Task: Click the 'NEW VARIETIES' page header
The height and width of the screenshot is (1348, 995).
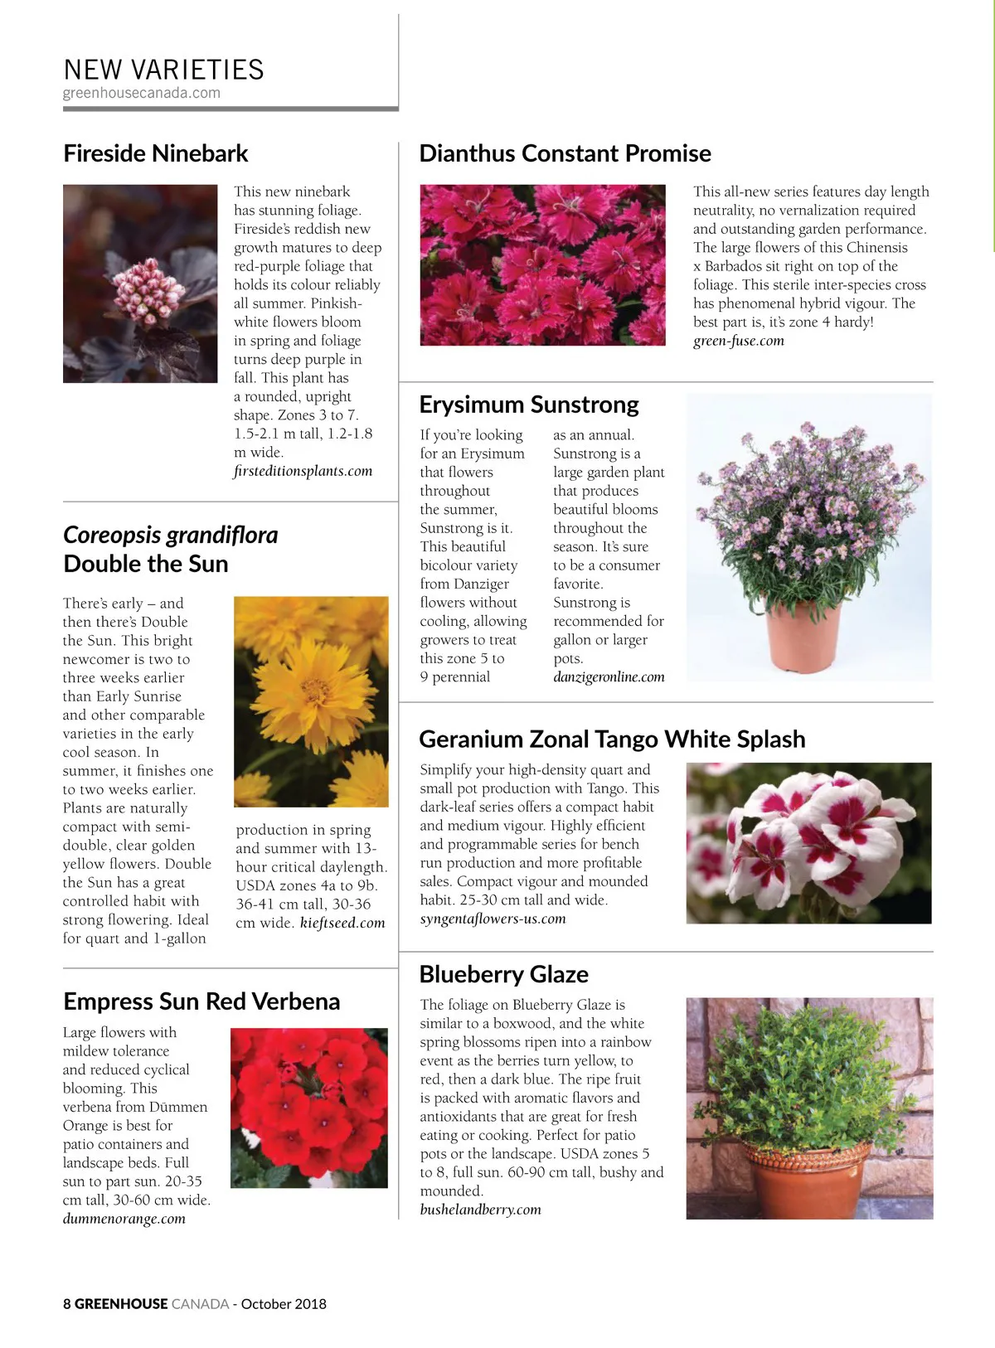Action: click(x=163, y=70)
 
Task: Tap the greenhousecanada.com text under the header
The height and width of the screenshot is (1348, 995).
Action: click(x=142, y=93)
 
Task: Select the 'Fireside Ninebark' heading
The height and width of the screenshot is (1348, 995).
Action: click(x=156, y=153)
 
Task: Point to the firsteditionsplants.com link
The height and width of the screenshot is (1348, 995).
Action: click(x=303, y=471)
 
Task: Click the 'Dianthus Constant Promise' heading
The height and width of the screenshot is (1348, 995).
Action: click(x=565, y=153)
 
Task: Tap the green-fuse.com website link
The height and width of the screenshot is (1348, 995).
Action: click(x=738, y=341)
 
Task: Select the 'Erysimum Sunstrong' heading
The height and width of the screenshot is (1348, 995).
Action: click(x=529, y=405)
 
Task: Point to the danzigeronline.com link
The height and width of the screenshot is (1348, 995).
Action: click(x=609, y=677)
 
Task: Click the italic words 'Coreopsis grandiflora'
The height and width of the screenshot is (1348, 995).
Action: click(x=170, y=535)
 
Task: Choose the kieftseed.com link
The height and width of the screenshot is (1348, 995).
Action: click(x=342, y=923)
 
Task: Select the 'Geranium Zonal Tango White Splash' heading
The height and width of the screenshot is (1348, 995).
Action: click(x=612, y=739)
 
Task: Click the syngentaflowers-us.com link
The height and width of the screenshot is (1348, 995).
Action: click(x=493, y=919)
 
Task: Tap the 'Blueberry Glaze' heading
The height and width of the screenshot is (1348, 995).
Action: click(x=503, y=974)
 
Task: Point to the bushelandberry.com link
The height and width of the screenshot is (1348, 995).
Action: click(x=480, y=1210)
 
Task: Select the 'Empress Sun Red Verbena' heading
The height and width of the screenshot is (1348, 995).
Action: click(x=201, y=1001)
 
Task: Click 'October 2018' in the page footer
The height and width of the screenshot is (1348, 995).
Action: click(x=284, y=1304)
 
